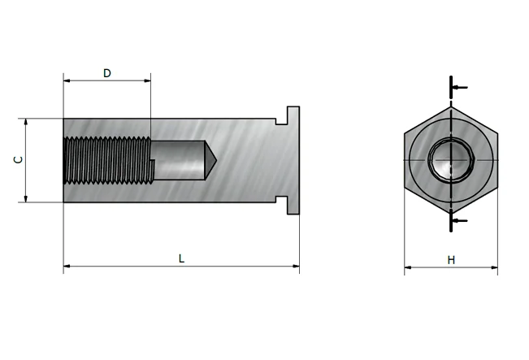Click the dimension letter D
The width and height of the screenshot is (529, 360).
click(107, 73)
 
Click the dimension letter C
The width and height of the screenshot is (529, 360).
click(19, 159)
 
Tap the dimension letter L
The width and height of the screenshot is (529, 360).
click(181, 258)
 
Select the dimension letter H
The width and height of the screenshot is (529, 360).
click(451, 260)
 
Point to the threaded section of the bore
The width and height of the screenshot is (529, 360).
click(108, 160)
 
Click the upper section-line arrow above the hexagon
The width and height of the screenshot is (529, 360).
click(459, 88)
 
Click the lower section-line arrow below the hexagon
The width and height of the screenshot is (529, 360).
click(459, 221)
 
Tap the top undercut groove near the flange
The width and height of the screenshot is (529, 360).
click(281, 121)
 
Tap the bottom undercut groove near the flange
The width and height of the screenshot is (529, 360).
click(281, 199)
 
